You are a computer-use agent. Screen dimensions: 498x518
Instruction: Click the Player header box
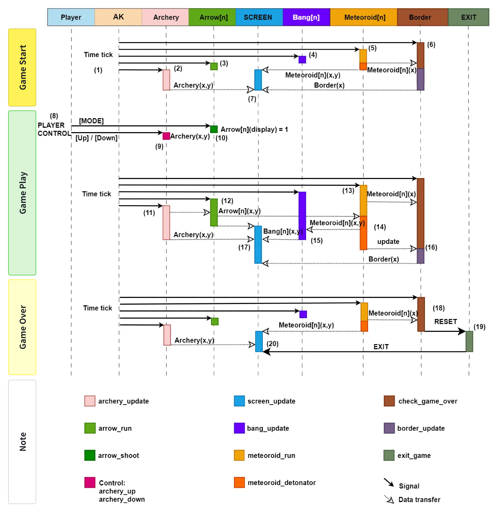pyautogui.click(x=71, y=17)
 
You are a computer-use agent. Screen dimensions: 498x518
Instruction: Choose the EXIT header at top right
pyautogui.click(x=468, y=17)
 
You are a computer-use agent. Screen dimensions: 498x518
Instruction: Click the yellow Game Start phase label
pyautogui.click(x=22, y=67)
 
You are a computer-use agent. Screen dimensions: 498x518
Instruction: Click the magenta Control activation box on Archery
pyautogui.click(x=166, y=136)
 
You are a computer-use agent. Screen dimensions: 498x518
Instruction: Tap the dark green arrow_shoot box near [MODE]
pyautogui.click(x=214, y=129)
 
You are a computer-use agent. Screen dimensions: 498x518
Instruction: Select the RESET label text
pyautogui.click(x=445, y=322)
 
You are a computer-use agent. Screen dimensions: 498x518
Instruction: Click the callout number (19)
pyautogui.click(x=479, y=327)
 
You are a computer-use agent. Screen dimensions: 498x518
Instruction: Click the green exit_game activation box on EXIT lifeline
pyautogui.click(x=469, y=341)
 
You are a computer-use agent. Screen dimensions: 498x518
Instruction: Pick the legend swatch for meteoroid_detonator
pyautogui.click(x=239, y=482)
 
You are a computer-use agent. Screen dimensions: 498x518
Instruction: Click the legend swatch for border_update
pyautogui.click(x=389, y=428)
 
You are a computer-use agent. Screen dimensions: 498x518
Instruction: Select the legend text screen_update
pyautogui.click(x=271, y=401)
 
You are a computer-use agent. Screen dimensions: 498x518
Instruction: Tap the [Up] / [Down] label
pyautogui.click(x=96, y=138)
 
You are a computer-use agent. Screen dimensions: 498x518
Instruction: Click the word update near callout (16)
pyautogui.click(x=388, y=242)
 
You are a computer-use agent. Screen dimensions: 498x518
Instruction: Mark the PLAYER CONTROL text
pyautogui.click(x=54, y=129)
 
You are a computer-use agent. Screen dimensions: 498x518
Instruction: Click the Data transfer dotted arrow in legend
pyautogui.click(x=389, y=499)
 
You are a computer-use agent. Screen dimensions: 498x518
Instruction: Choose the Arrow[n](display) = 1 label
pyautogui.click(x=254, y=129)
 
